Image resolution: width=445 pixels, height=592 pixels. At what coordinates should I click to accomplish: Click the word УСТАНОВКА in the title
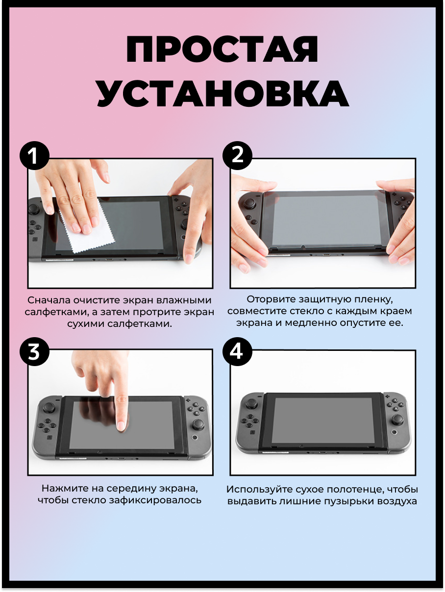click(222, 93)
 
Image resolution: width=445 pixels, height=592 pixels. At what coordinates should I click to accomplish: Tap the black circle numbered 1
click(34, 156)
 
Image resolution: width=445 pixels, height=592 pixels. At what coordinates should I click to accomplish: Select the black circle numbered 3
click(34, 351)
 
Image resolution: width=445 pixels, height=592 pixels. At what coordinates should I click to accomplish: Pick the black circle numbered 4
click(237, 351)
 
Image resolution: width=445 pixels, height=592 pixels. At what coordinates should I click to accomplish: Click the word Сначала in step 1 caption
click(49, 300)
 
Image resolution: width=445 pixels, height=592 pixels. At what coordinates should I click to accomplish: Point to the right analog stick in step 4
click(397, 419)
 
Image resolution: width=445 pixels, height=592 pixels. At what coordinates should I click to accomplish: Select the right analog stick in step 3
click(198, 424)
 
